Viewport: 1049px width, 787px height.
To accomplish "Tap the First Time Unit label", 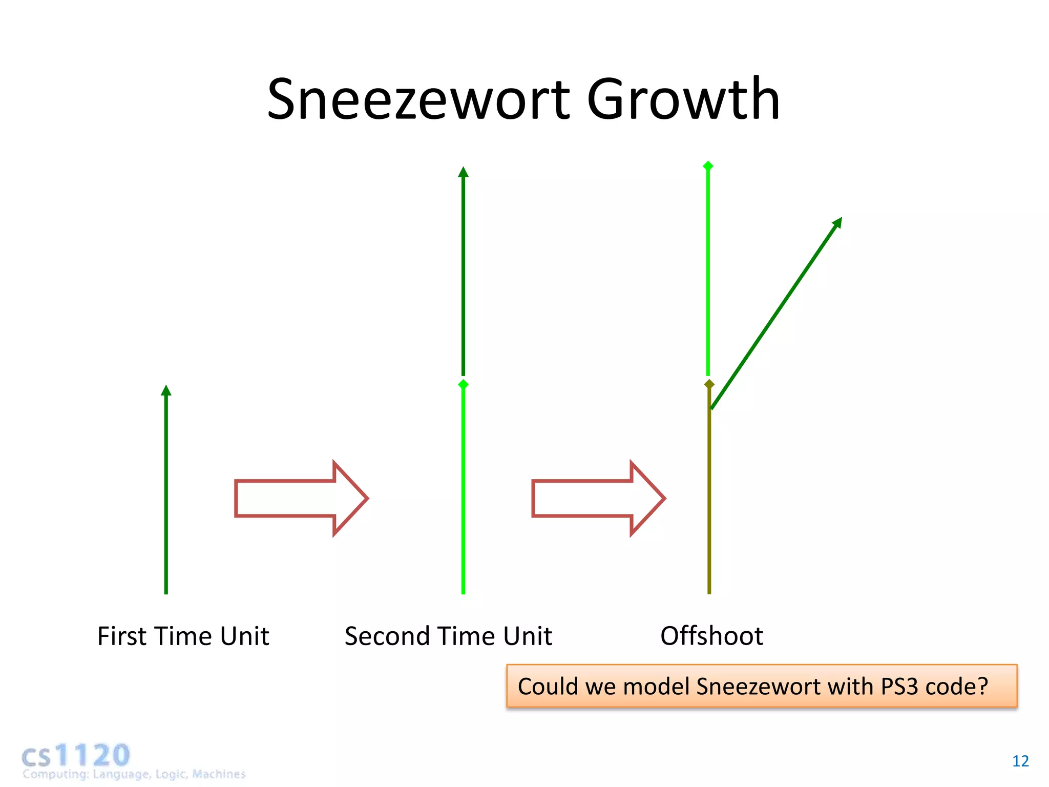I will click(x=183, y=636).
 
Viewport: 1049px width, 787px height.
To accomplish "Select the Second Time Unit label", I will click(x=448, y=636).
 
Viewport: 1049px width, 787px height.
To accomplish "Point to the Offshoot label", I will click(x=711, y=636).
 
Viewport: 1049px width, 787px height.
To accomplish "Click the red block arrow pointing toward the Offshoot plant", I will click(x=598, y=498).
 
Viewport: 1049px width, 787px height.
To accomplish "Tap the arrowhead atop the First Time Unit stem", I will click(x=166, y=391).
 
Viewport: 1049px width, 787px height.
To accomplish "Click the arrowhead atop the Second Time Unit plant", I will click(x=463, y=172).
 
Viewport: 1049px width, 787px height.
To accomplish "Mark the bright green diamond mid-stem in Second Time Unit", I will click(x=463, y=384).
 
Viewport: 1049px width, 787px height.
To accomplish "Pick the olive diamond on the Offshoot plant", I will click(x=709, y=384).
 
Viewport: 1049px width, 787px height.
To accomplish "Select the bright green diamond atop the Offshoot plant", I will click(x=708, y=165).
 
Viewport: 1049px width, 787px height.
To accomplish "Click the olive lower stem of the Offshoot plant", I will click(x=709, y=502).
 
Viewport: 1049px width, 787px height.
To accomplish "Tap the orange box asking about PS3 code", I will click(x=761, y=687).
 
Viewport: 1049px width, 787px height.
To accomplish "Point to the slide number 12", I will click(x=1020, y=761).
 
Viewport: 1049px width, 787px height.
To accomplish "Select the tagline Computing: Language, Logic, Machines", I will click(x=134, y=774).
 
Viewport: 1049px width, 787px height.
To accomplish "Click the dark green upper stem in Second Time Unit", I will click(x=463, y=277).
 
